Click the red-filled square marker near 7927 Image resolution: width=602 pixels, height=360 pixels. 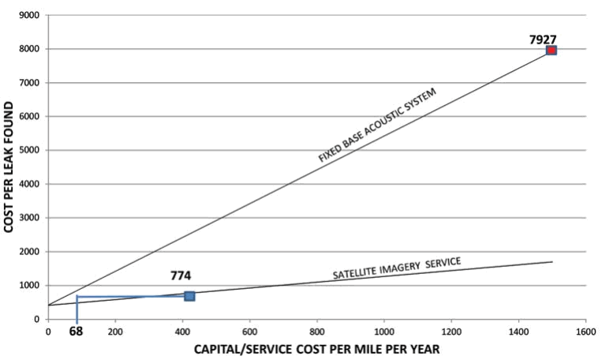(552, 51)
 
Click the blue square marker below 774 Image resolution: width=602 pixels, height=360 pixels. (189, 296)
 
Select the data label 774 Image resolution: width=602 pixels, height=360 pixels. (181, 276)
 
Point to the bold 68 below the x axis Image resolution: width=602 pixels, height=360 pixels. (76, 332)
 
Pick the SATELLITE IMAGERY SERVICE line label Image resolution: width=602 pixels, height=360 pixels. (396, 268)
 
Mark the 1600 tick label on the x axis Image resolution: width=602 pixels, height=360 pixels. (585, 331)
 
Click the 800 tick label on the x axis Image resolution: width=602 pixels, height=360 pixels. (316, 331)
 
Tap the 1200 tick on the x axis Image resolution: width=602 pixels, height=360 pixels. (451, 331)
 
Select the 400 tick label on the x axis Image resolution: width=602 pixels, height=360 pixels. (182, 331)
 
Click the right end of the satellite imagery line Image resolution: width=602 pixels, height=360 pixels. (552, 262)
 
